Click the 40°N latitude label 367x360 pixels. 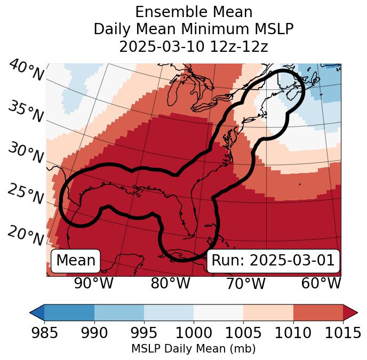pos(26,71)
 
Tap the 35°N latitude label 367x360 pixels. pos(26,112)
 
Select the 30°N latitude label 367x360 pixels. pos(26,153)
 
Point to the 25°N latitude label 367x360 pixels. pos(26,194)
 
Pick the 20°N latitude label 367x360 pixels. pos(26,235)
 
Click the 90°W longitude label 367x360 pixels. pos(93,284)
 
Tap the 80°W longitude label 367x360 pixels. pos(170,284)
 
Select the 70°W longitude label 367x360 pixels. pos(246,284)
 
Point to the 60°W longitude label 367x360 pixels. pos(321,284)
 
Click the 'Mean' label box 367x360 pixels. pos(76,261)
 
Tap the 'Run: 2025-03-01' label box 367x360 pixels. pos(273,261)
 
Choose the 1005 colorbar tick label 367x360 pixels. pos(243,333)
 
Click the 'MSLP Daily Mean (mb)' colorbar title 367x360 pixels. pos(193,349)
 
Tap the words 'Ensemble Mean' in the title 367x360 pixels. pos(193,12)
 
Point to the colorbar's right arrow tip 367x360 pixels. pos(357,312)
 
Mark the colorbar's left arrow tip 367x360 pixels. pos(30,312)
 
